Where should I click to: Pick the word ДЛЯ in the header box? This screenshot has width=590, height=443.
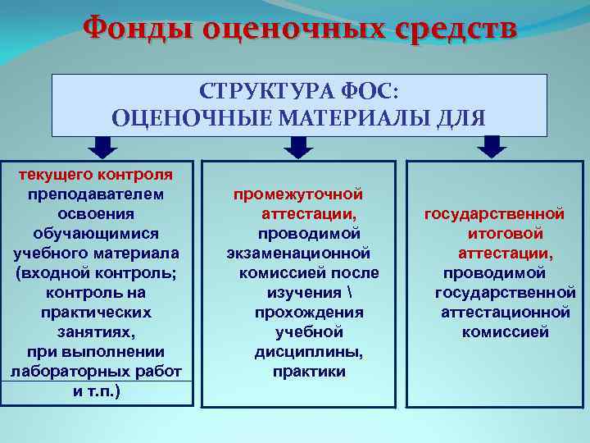click(462, 117)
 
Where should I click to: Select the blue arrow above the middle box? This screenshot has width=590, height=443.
click(298, 147)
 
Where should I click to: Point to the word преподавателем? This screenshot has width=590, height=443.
click(95, 194)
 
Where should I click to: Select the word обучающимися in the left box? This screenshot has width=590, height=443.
click(95, 234)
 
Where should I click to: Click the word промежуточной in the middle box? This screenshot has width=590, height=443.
click(298, 194)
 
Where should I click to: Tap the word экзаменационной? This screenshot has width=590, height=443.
click(298, 253)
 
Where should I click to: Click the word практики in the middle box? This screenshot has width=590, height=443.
click(310, 372)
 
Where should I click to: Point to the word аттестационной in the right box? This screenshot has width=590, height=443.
click(505, 313)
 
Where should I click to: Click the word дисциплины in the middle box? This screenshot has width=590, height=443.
click(309, 352)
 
